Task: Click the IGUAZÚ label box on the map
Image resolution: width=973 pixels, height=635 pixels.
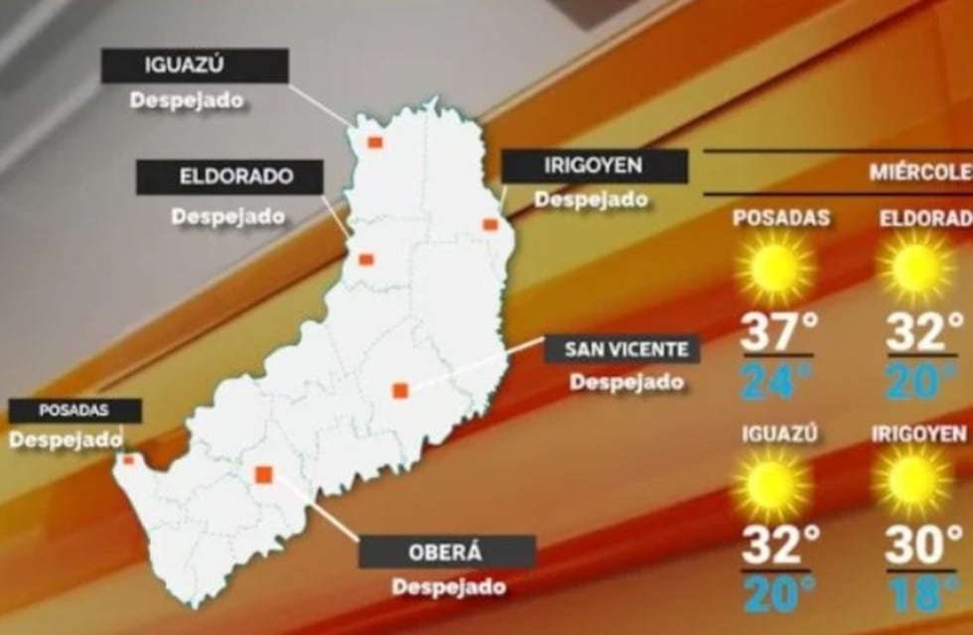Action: (x=196, y=66)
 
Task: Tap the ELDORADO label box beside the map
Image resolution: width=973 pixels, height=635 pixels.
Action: (x=229, y=178)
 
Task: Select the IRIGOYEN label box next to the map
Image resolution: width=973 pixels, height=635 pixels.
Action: (x=594, y=166)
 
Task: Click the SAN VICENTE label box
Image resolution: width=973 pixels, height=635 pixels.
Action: (x=623, y=349)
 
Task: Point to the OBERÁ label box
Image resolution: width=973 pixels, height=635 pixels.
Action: (x=447, y=552)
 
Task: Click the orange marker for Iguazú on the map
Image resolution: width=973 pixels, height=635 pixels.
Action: (x=375, y=143)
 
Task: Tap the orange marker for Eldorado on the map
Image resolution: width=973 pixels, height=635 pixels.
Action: (x=365, y=260)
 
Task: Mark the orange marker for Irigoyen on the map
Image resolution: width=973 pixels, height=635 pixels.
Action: (x=489, y=225)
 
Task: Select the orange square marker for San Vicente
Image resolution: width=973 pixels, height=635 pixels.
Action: (x=400, y=391)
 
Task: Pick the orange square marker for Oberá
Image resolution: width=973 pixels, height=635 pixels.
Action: (x=264, y=475)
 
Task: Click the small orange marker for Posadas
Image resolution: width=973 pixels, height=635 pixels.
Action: (x=127, y=459)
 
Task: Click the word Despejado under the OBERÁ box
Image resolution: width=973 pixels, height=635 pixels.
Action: (x=449, y=587)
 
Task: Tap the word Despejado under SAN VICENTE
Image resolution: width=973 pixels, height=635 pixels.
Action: (x=626, y=381)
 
